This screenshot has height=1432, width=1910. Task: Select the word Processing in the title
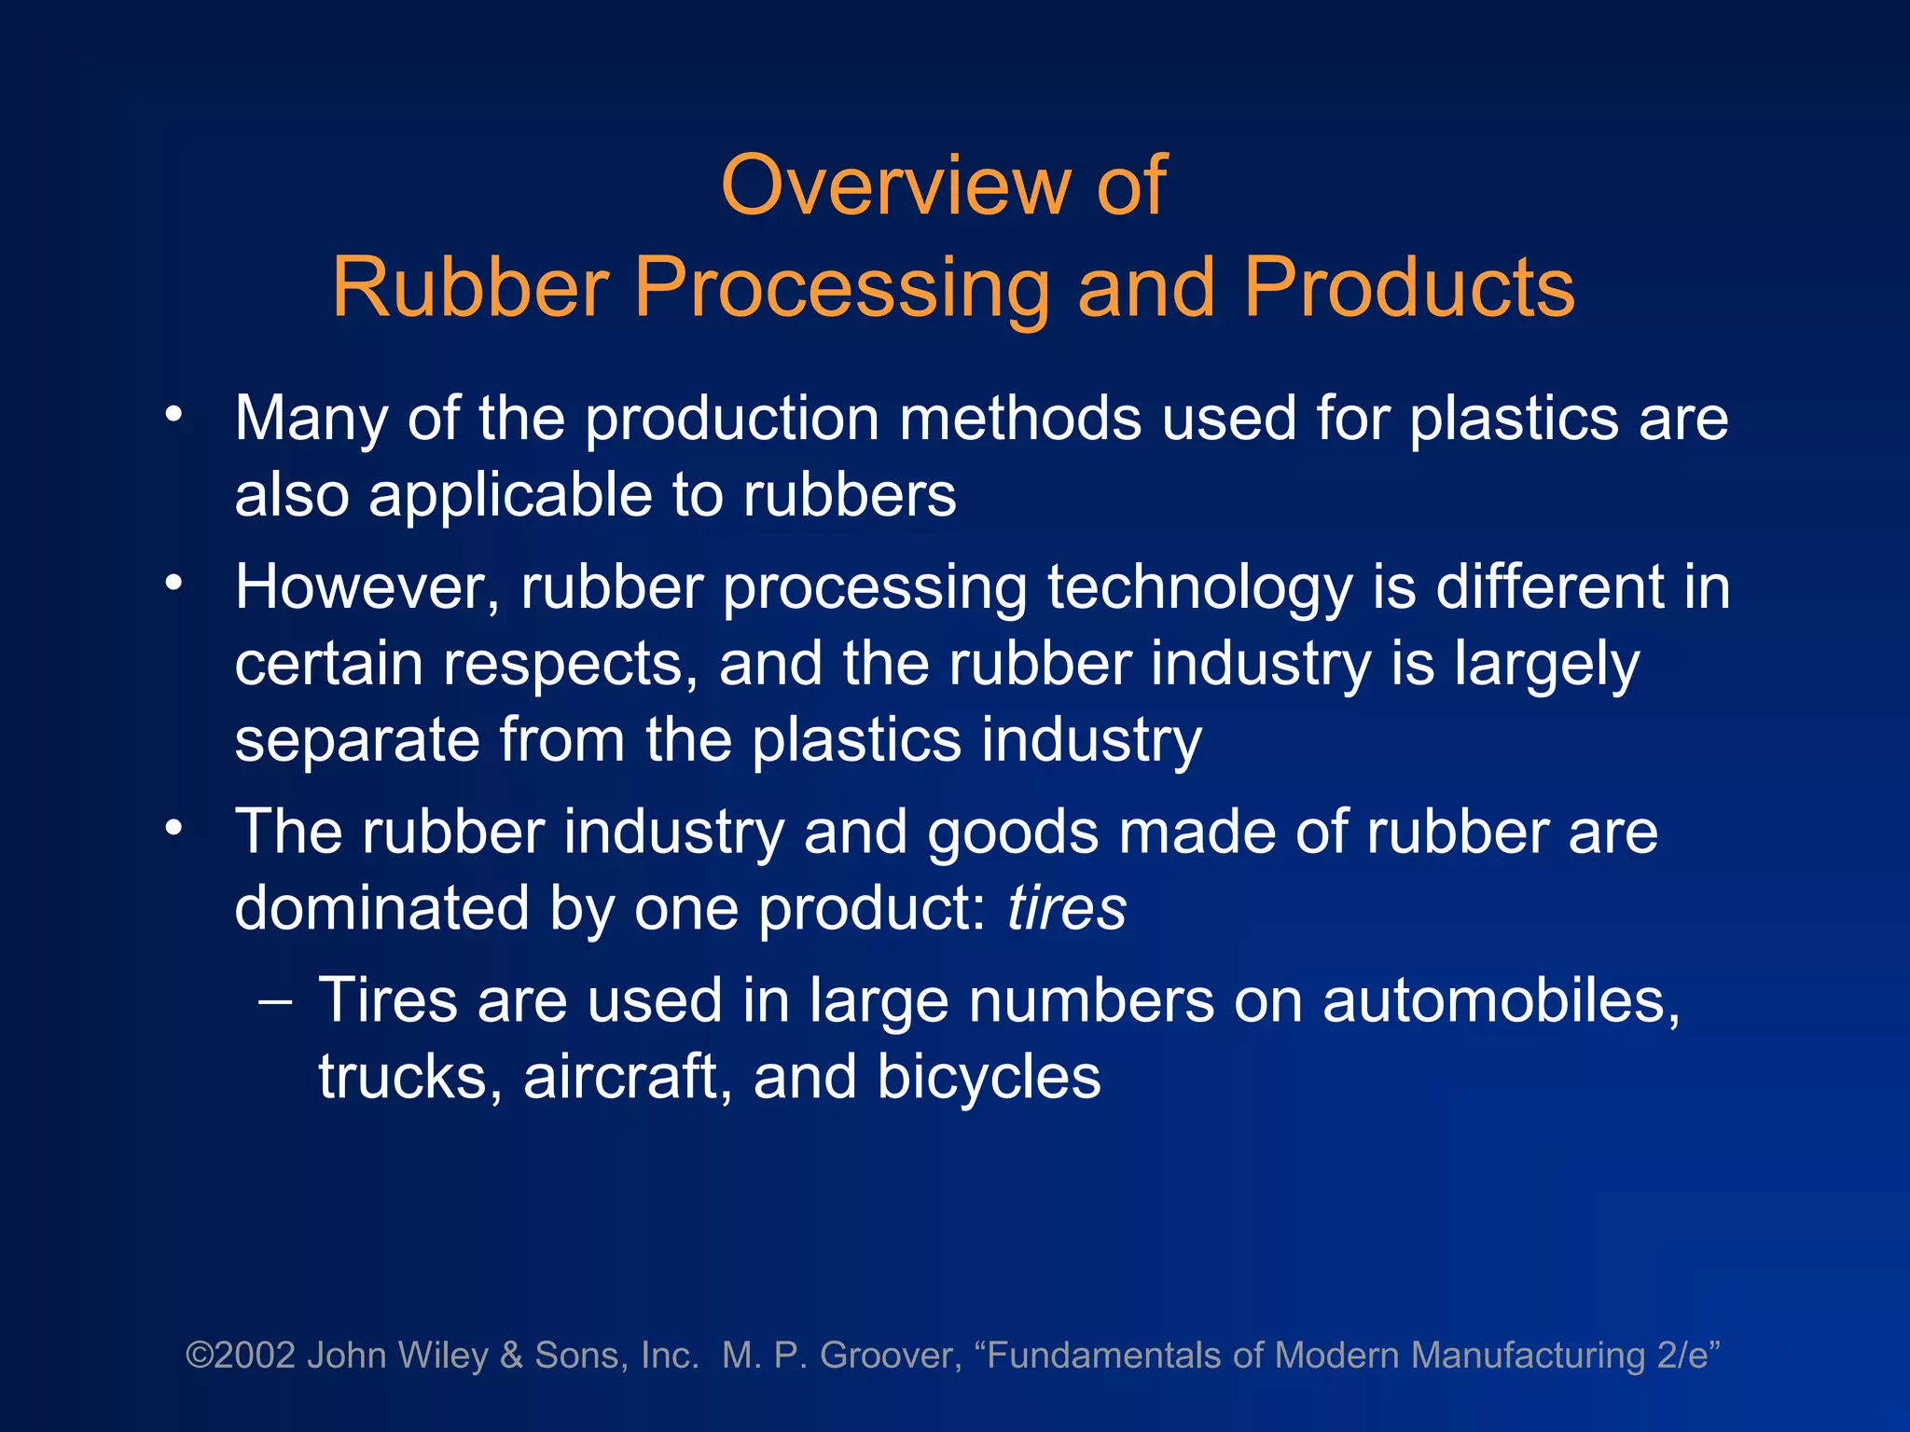[x=842, y=288]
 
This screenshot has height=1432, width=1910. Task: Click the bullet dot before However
[x=173, y=584]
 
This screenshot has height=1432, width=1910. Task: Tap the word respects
[x=570, y=665]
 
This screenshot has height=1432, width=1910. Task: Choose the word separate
[x=357, y=740]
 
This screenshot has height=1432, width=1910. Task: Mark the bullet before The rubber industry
[x=173, y=828]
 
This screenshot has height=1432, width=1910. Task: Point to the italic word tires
[x=1067, y=908]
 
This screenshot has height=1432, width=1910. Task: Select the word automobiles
[x=1501, y=1001]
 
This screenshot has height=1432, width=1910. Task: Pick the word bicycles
[x=989, y=1079]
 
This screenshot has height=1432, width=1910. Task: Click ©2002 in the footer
[x=241, y=1355]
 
